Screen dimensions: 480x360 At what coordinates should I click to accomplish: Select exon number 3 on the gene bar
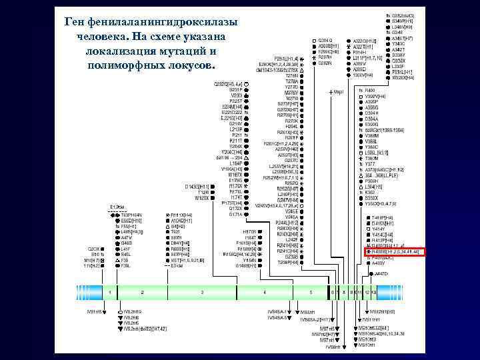pos(202,292)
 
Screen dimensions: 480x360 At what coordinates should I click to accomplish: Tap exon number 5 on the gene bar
pos(310,292)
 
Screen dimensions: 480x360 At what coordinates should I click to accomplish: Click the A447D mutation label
pos(381,274)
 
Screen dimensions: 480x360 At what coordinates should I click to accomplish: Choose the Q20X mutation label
pos(95,248)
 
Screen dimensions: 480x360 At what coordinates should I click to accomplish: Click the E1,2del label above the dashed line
pos(117,207)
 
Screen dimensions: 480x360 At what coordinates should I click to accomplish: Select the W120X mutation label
pos(203,199)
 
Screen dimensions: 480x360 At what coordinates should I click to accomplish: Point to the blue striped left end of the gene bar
pos(79,292)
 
